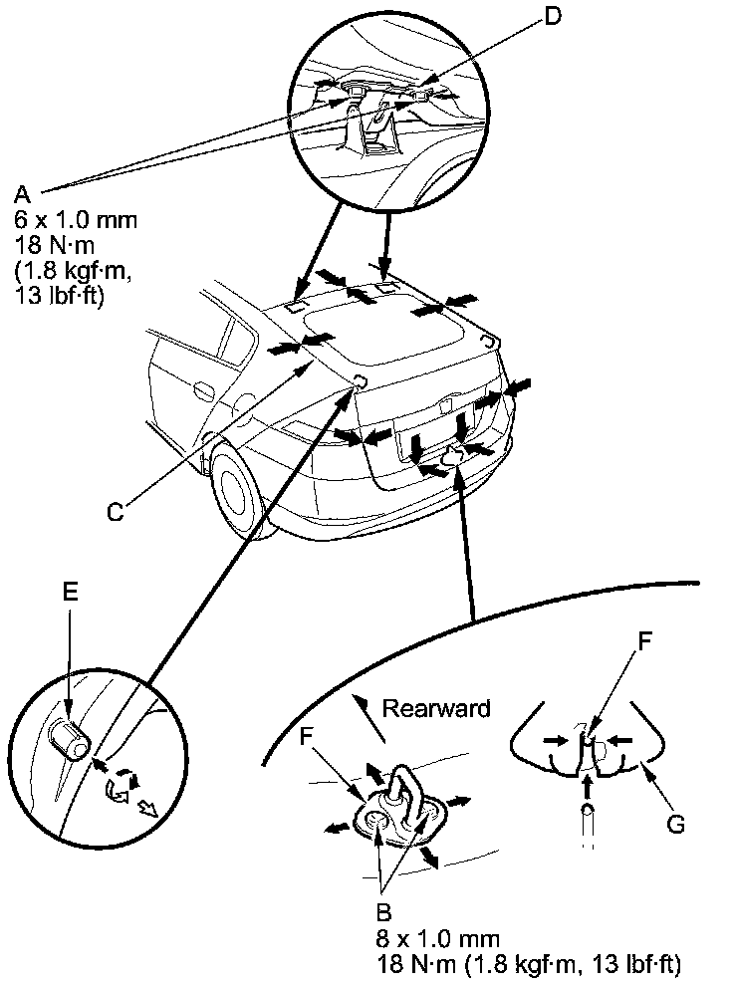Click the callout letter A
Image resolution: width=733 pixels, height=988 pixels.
[x=23, y=190]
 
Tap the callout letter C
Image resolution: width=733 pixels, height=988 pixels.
[x=117, y=512]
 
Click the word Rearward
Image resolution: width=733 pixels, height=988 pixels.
[x=436, y=709]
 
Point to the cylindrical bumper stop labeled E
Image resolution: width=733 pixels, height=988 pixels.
[x=70, y=740]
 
